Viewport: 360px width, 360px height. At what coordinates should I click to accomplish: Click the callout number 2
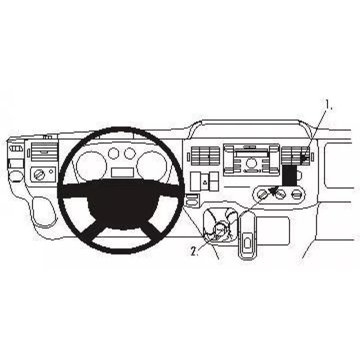[194, 251]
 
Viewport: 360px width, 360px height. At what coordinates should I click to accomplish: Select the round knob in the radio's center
[251, 163]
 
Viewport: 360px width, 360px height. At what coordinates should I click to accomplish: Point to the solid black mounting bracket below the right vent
[289, 175]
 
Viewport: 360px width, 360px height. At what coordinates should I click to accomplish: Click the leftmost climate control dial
[262, 195]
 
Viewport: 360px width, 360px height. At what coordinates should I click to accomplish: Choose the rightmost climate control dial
[296, 195]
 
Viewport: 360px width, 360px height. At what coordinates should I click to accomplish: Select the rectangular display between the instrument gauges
[122, 172]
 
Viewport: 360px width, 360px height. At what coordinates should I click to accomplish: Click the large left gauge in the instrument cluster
[92, 165]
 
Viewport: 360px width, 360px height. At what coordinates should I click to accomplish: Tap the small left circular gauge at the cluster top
[114, 153]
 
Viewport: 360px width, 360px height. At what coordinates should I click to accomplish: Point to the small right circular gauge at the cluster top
[130, 153]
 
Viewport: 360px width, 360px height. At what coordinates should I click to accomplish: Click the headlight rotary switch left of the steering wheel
[39, 175]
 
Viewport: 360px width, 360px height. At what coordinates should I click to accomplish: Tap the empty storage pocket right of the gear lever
[272, 230]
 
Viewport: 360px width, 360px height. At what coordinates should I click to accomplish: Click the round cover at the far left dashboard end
[16, 176]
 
